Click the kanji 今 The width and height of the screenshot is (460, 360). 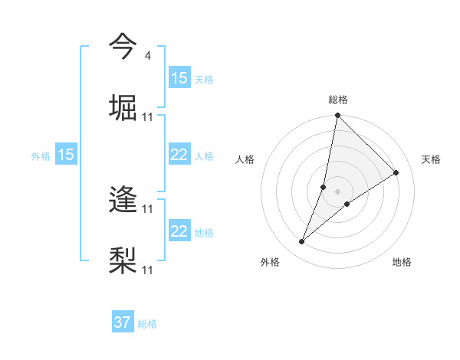pos(123,46)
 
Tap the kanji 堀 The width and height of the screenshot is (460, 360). pos(123,108)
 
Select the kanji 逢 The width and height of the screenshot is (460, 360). pos(123,201)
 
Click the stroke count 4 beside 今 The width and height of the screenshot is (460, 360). pos(147,55)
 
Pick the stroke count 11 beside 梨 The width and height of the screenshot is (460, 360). pos(148,270)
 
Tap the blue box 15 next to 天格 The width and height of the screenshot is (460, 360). pos(179,78)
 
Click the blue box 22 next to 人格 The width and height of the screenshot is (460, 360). pos(179,155)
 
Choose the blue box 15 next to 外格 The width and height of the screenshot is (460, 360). pos(66,155)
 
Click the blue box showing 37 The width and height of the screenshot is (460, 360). pos(123,323)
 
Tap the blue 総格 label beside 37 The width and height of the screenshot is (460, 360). pos(147,324)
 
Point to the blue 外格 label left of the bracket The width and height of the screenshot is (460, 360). pos(41,156)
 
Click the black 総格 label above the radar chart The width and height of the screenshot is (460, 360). pos(337,100)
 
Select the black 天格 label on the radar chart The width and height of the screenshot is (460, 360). pos(431,159)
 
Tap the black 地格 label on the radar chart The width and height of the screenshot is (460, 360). pos(402,263)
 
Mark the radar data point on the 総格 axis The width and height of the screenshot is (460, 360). pos(337,116)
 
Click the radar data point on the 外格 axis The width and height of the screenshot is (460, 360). pos(302,242)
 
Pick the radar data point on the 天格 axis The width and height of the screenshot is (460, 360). pos(396,173)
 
